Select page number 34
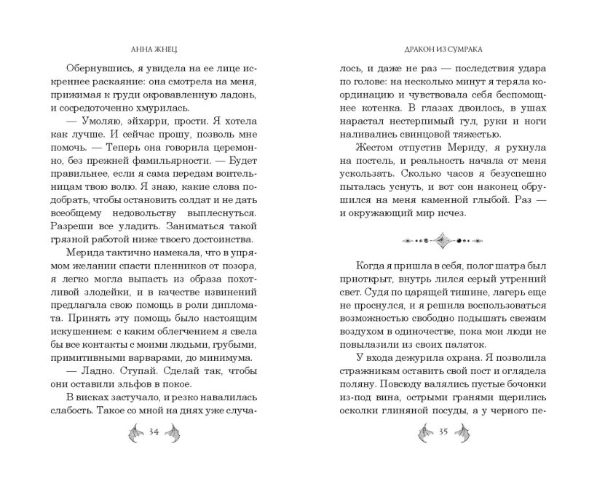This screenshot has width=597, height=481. (154, 433)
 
